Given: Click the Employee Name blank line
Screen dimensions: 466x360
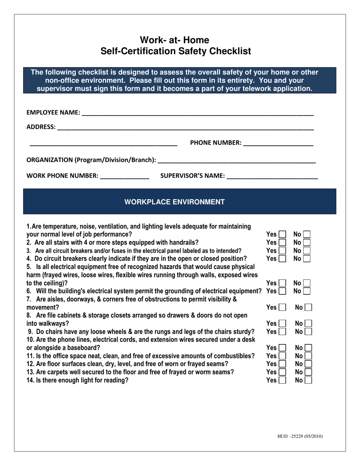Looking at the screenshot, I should (x=197, y=113).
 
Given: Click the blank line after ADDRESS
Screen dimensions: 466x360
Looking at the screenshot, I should (x=185, y=127).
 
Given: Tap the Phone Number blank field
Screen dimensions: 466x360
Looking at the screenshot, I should (x=278, y=143).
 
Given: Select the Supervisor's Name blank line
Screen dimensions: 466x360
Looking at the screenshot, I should (x=272, y=176).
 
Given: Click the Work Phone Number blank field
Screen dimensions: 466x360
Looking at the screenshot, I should (x=125, y=176).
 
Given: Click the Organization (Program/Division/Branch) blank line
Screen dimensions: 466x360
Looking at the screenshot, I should (x=236, y=160).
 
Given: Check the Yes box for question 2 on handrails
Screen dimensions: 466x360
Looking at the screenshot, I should (x=282, y=242).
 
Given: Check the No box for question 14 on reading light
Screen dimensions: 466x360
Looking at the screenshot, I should (x=308, y=380).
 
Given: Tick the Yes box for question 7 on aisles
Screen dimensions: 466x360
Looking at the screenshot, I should (x=282, y=308).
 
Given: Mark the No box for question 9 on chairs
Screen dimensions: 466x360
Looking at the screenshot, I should (x=308, y=332).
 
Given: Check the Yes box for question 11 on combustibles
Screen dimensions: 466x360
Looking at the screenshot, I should (x=282, y=356).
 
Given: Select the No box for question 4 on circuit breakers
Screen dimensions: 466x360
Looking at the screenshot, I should (x=307, y=259).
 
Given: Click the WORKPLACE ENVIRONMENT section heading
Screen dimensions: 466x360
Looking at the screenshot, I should (x=175, y=202).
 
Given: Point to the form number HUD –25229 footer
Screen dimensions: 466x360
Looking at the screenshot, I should (x=300, y=436).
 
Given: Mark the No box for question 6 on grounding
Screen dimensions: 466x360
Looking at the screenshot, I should (x=307, y=291).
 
